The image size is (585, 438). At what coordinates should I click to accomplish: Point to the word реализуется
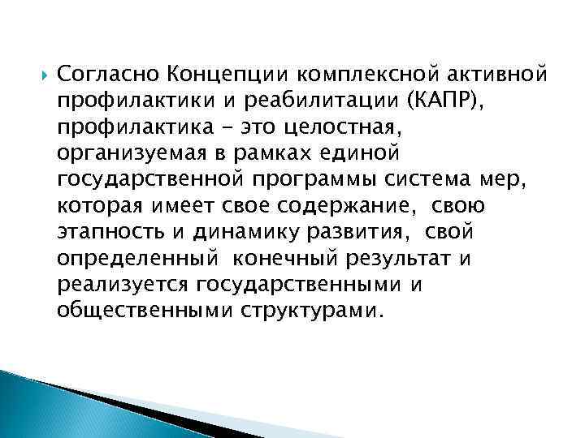click(x=123, y=283)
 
